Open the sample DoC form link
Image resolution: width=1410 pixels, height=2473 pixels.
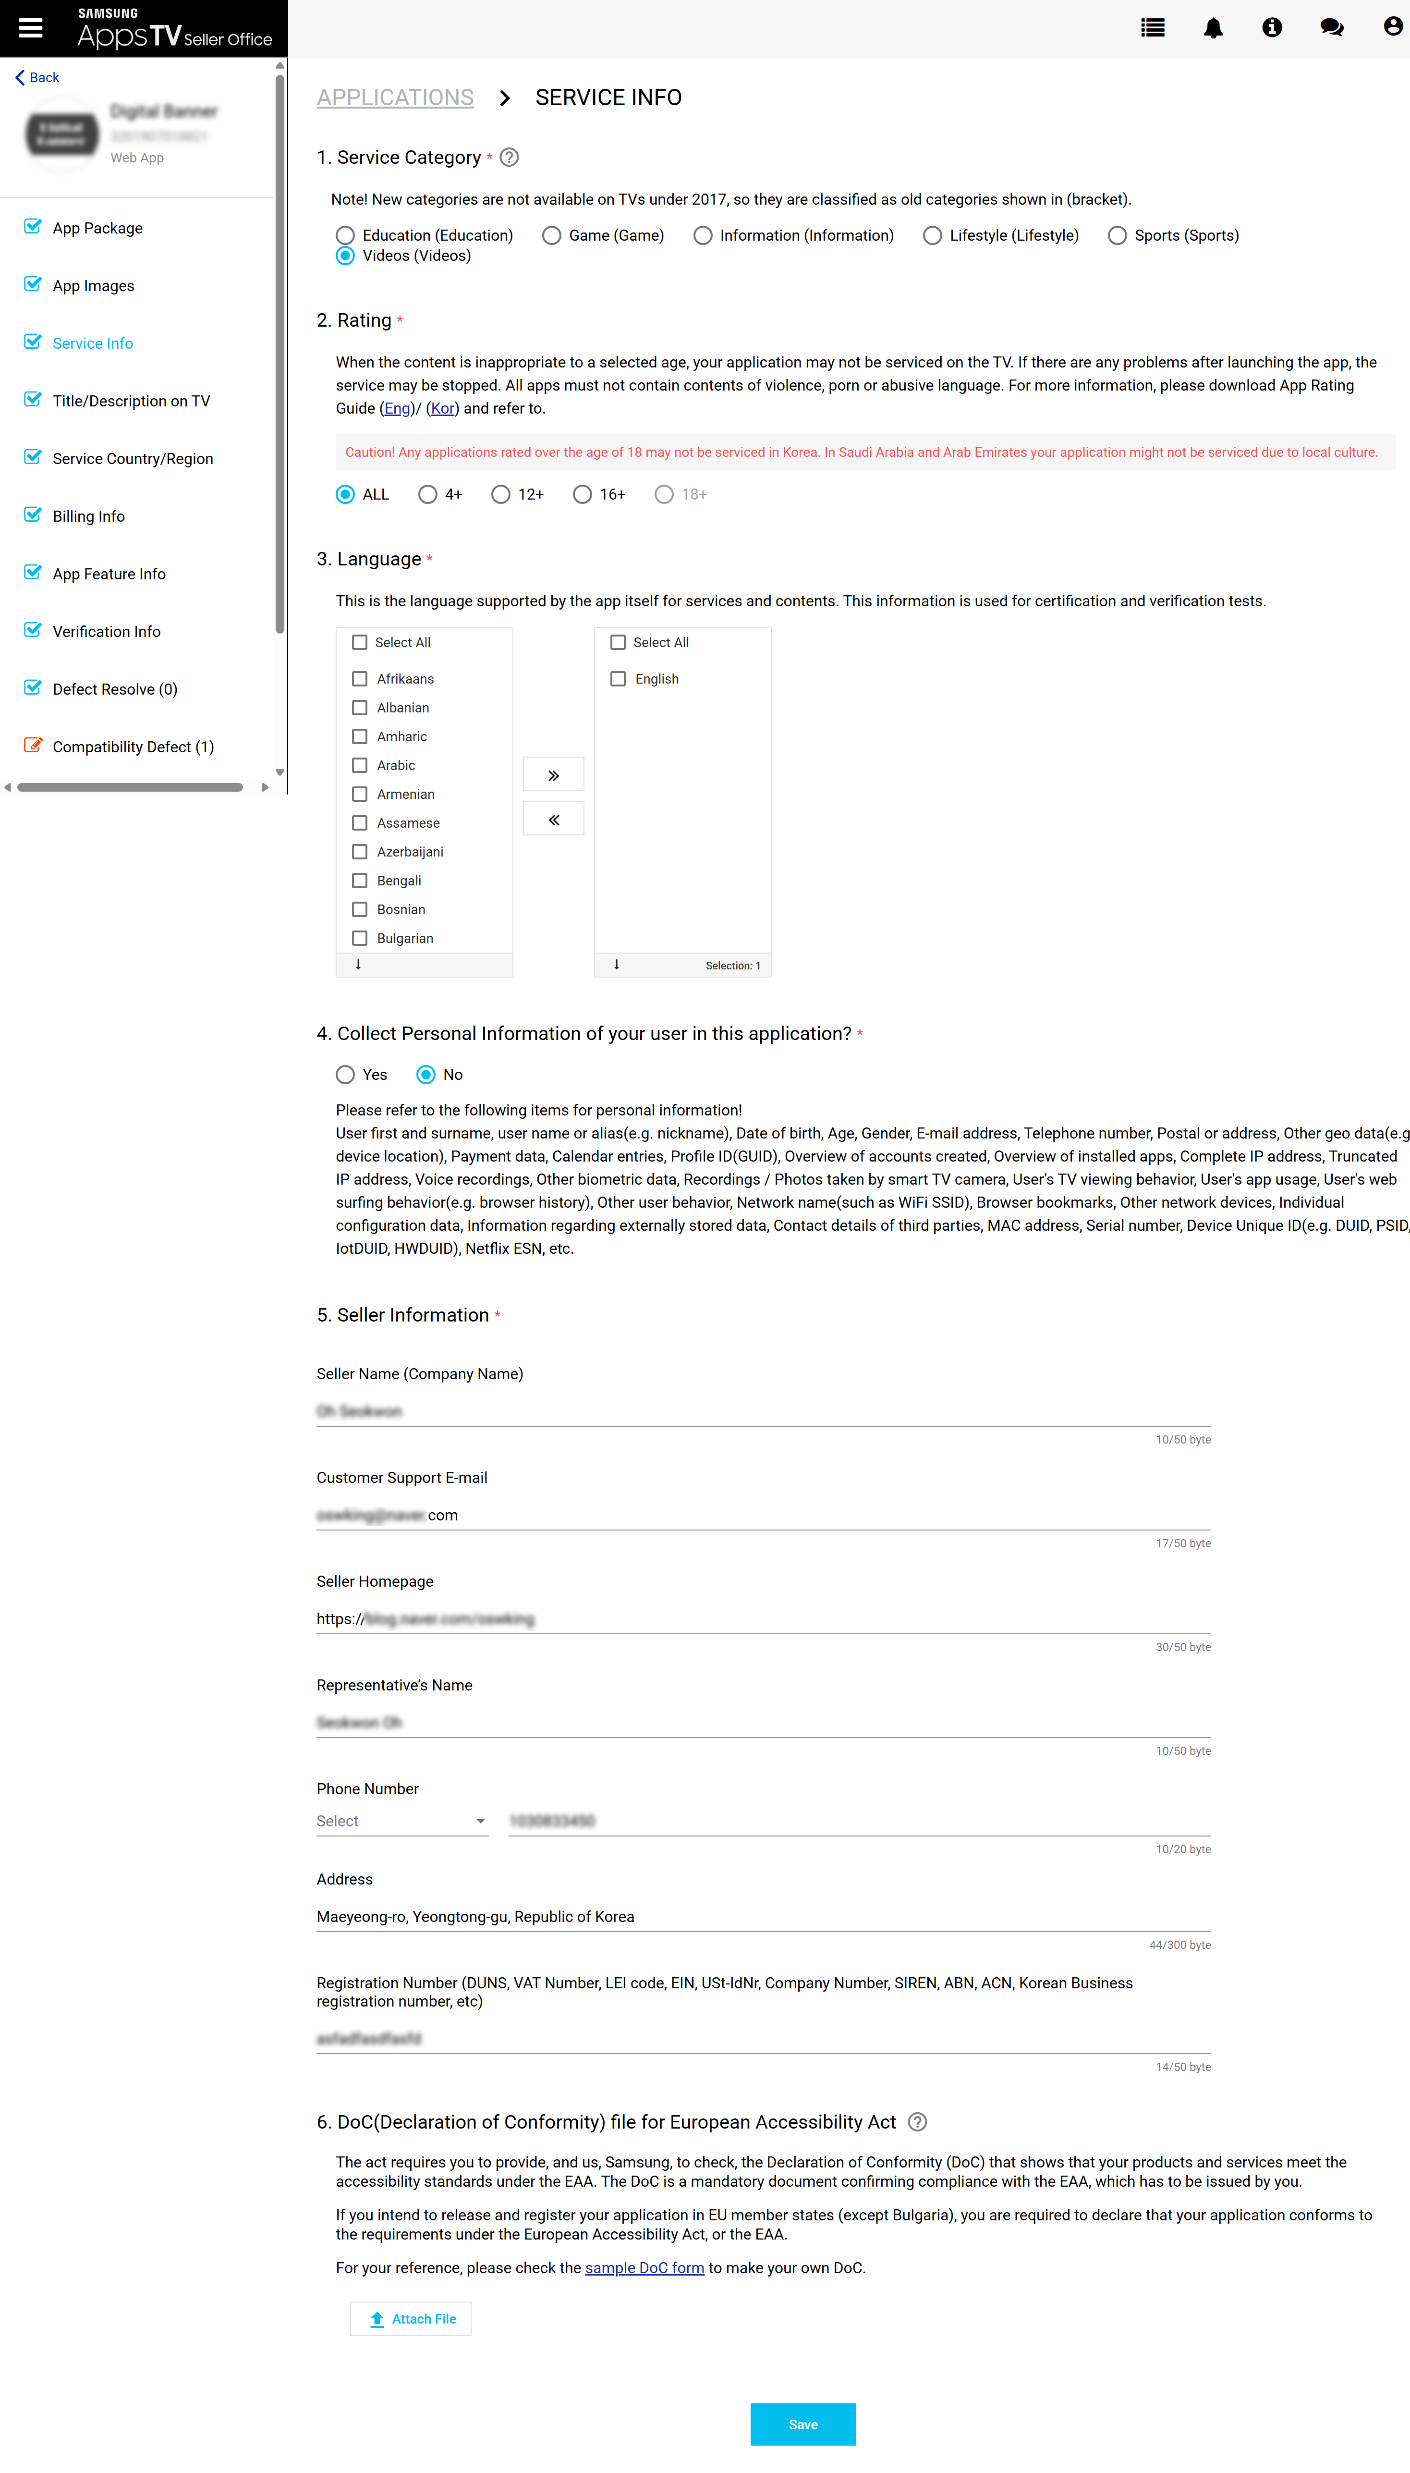tap(644, 2268)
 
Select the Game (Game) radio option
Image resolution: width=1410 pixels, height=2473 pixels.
tap(552, 235)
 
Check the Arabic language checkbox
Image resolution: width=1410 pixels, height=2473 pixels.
tap(359, 765)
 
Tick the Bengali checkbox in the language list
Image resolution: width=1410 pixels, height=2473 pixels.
tap(359, 881)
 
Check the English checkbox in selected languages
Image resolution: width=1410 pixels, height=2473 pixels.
tap(618, 679)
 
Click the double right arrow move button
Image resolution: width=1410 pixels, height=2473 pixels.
tap(553, 775)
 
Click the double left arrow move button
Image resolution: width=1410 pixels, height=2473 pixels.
tap(553, 820)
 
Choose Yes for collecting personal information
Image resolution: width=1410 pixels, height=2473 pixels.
tap(345, 1074)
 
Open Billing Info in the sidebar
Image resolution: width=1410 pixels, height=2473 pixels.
tap(88, 516)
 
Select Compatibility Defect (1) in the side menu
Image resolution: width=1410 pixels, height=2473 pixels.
tap(133, 747)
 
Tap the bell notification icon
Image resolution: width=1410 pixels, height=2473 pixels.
tap(1213, 28)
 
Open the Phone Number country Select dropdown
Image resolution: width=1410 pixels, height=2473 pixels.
tap(401, 1821)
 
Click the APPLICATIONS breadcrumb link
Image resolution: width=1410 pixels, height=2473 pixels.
tap(395, 98)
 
